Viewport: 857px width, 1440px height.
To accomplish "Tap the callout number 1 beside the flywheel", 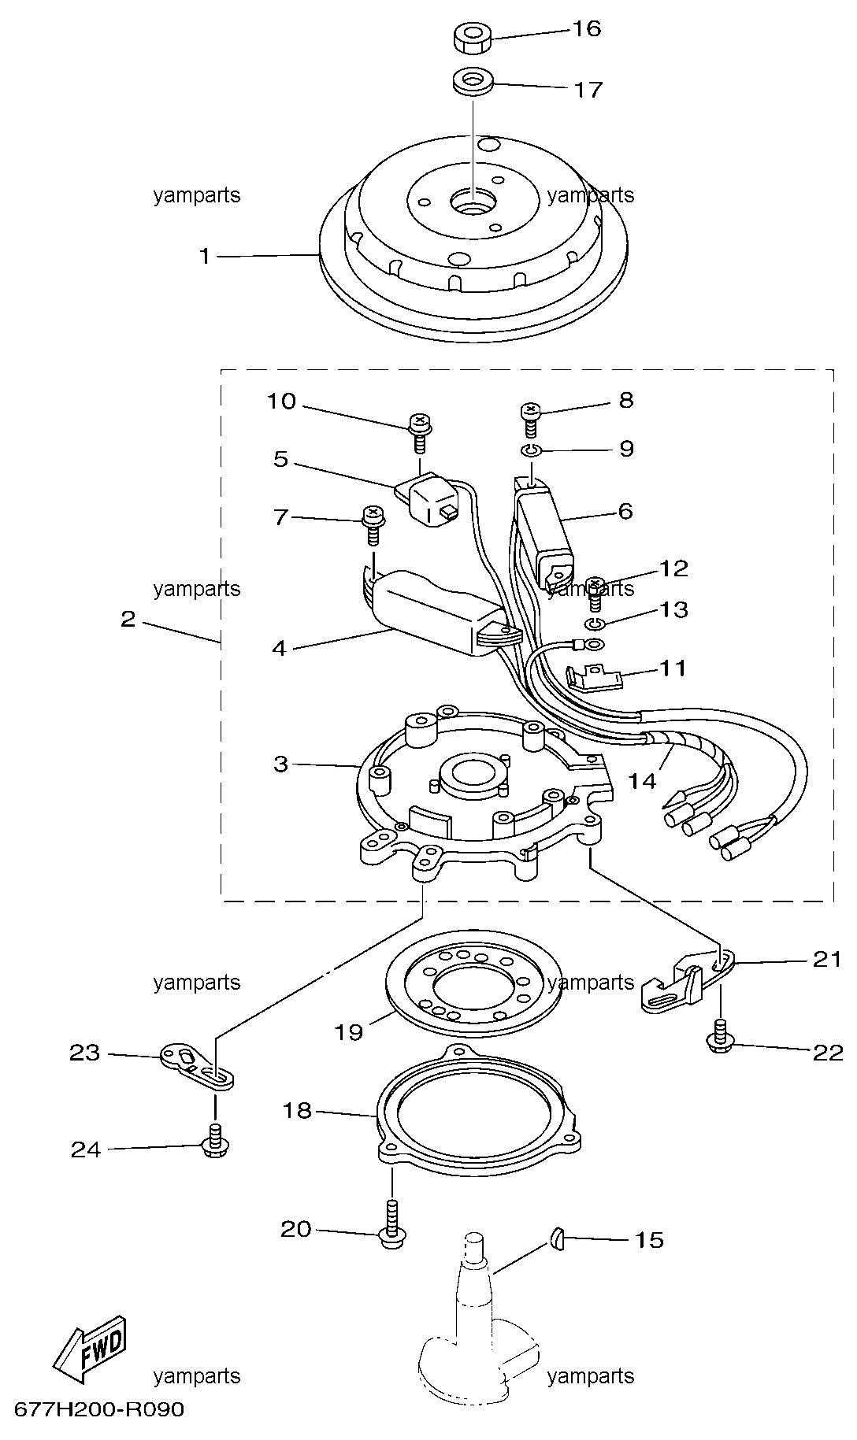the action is pyautogui.click(x=205, y=256).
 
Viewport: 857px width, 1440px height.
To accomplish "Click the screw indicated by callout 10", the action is pyautogui.click(x=421, y=431).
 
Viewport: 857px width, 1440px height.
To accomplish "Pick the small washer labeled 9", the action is pyautogui.click(x=530, y=451).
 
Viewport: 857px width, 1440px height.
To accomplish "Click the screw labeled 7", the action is pyautogui.click(x=373, y=525).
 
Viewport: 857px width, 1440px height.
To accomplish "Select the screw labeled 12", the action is pyautogui.click(x=596, y=594).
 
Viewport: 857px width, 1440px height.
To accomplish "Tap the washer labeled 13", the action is pyautogui.click(x=595, y=624).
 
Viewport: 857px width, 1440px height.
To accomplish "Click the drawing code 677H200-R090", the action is pyautogui.click(x=98, y=1409).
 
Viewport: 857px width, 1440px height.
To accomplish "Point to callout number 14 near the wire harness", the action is pyautogui.click(x=642, y=780).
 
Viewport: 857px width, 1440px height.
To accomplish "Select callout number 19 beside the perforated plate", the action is pyautogui.click(x=348, y=1031).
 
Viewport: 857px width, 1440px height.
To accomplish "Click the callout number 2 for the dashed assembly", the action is pyautogui.click(x=128, y=620).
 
